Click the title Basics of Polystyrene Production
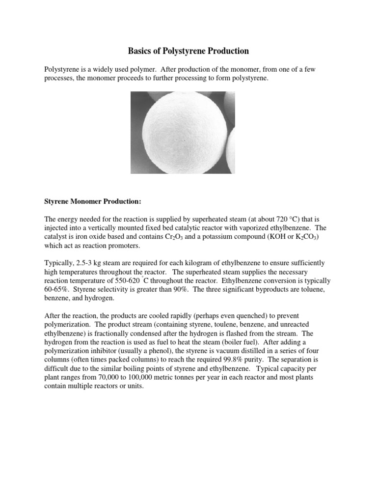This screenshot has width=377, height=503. point(188,51)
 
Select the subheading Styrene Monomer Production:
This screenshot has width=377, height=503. point(93,202)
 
